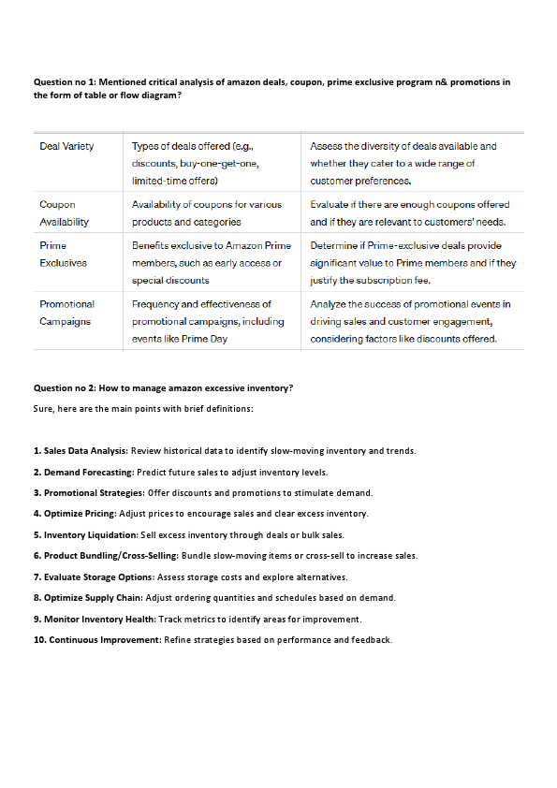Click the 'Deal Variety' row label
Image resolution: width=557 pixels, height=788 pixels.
pos(66,146)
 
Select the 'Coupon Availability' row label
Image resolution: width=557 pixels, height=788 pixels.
pos(64,212)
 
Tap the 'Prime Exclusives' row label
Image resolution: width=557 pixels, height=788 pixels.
pos(63,255)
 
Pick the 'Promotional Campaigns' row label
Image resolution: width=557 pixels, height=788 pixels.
pos(66,313)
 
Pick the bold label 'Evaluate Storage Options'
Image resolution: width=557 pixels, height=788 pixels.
pos(98,577)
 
